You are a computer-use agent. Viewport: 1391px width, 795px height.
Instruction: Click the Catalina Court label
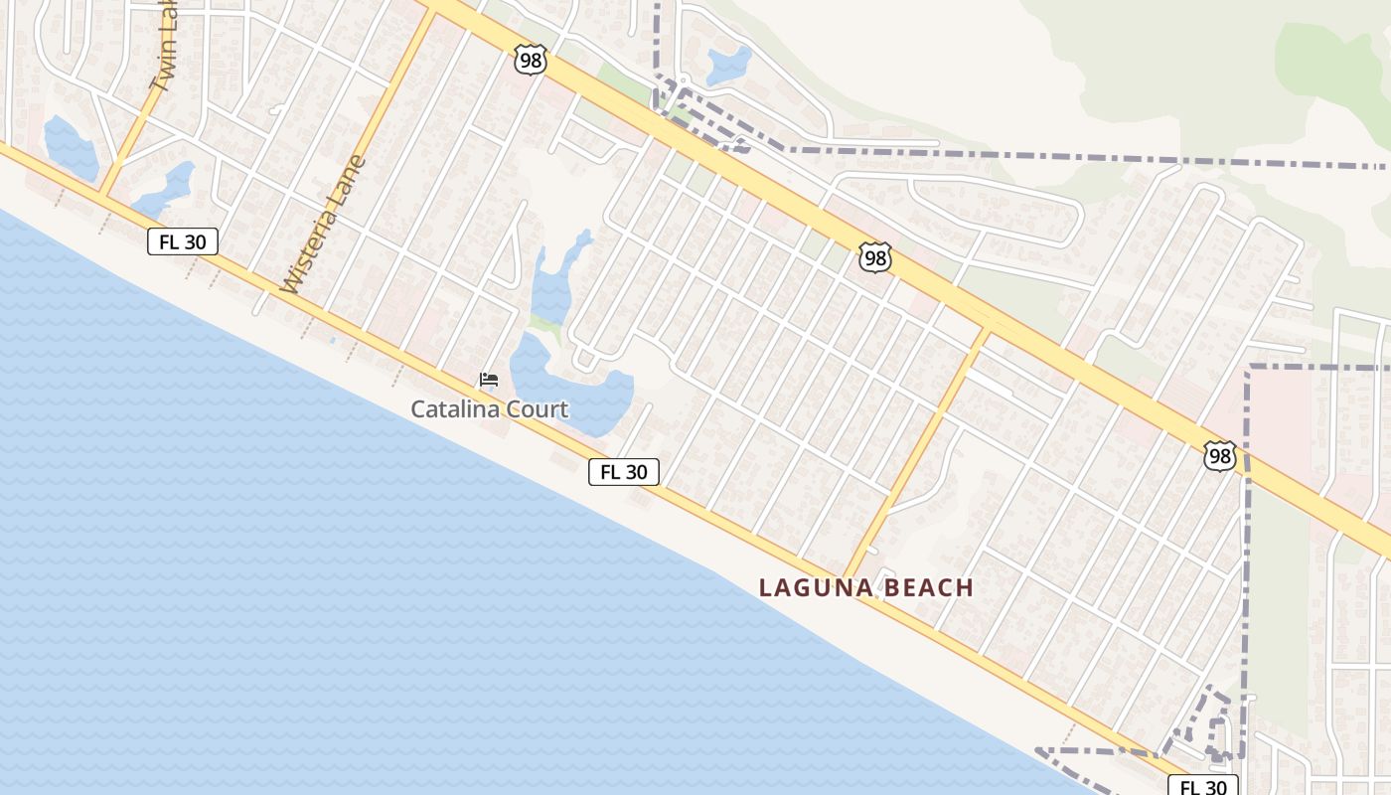(x=490, y=408)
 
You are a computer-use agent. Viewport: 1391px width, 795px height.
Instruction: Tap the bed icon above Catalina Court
(x=488, y=380)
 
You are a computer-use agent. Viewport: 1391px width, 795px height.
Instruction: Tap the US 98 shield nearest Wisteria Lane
(x=531, y=60)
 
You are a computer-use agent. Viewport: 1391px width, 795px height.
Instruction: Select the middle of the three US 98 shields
(x=875, y=258)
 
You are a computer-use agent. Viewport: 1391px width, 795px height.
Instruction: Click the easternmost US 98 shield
(x=1219, y=456)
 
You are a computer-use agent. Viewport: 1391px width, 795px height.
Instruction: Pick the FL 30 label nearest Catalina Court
(x=624, y=472)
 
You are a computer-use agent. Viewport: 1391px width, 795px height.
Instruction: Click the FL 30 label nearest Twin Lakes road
(x=183, y=240)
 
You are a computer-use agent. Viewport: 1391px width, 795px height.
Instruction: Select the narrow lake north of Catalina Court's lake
(x=552, y=283)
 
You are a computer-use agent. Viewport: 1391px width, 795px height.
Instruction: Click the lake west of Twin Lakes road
(x=70, y=149)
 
